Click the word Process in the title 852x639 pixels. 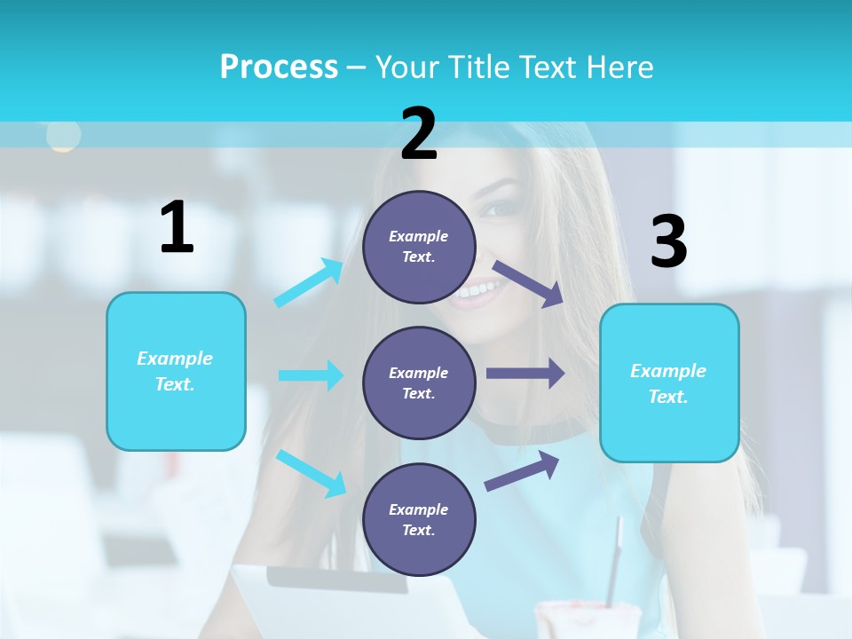pyautogui.click(x=279, y=67)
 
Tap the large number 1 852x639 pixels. pyautogui.click(x=177, y=227)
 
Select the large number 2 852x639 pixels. pyautogui.click(x=419, y=133)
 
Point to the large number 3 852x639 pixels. pyautogui.click(x=668, y=242)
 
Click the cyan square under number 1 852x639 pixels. pyautogui.click(x=176, y=371)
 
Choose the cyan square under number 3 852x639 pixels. pyautogui.click(x=669, y=383)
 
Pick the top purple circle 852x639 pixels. pyautogui.click(x=419, y=247)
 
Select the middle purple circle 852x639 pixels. pyautogui.click(x=419, y=383)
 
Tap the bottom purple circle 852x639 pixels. pyautogui.click(x=419, y=519)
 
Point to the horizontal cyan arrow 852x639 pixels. pyautogui.click(x=311, y=375)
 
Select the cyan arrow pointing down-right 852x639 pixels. pyautogui.click(x=312, y=473)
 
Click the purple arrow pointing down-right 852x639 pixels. pyautogui.click(x=529, y=284)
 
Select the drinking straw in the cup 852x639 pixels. pyautogui.click(x=613, y=559)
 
